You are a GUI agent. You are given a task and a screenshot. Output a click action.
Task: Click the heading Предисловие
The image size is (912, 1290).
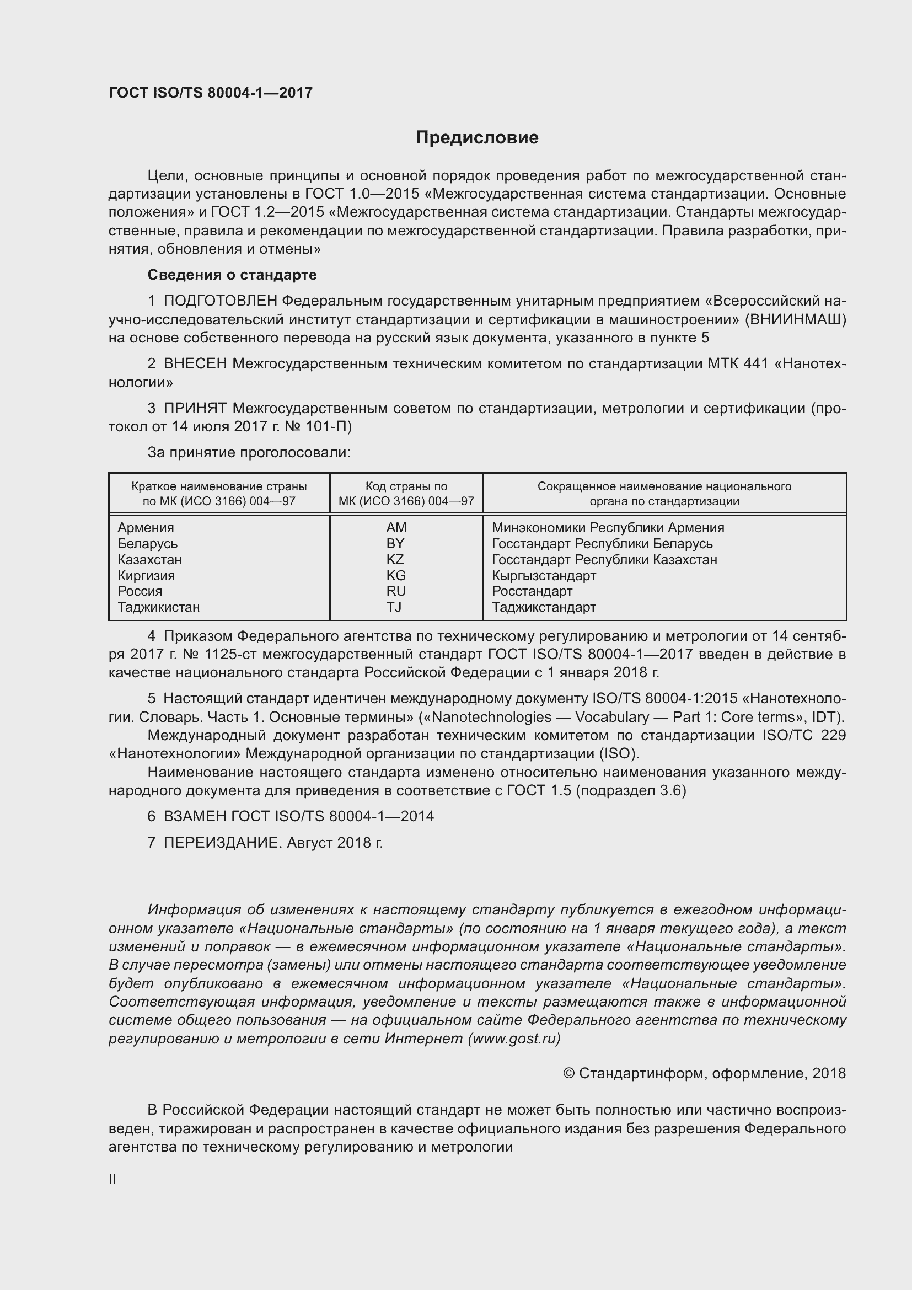tap(477, 138)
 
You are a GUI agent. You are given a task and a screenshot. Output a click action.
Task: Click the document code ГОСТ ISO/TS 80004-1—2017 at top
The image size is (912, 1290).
tap(210, 93)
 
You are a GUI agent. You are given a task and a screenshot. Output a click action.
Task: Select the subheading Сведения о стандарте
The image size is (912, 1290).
tap(232, 275)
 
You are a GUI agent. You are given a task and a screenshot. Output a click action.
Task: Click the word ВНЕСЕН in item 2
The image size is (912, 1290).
tap(195, 364)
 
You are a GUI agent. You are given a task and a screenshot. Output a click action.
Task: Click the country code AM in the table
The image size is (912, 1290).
tap(396, 528)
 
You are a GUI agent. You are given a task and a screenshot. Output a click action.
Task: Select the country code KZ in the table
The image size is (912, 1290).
tap(395, 560)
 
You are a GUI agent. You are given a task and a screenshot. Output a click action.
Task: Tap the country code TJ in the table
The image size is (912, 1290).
tap(394, 607)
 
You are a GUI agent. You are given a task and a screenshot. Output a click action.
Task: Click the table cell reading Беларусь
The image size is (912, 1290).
tap(147, 544)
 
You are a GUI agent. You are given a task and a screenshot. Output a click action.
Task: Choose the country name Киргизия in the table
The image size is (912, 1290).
tap(146, 575)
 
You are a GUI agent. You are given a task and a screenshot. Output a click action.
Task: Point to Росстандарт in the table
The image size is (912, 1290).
tap(532, 591)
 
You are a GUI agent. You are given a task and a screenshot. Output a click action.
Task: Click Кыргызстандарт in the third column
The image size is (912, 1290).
tap(544, 575)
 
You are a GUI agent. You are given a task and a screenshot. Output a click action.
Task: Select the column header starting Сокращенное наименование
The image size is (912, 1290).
tap(664, 493)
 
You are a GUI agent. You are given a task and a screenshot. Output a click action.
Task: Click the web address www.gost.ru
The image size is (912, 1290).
tap(513, 1039)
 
